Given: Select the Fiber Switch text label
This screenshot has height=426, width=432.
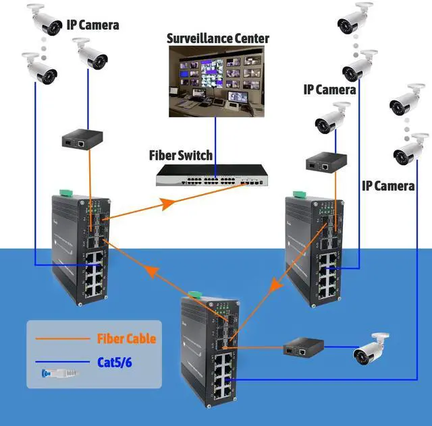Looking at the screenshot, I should coord(180,156).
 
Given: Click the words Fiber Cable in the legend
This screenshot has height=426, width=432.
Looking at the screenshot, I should coord(126,338).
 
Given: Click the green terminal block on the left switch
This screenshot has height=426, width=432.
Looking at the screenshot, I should coord(65,193).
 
